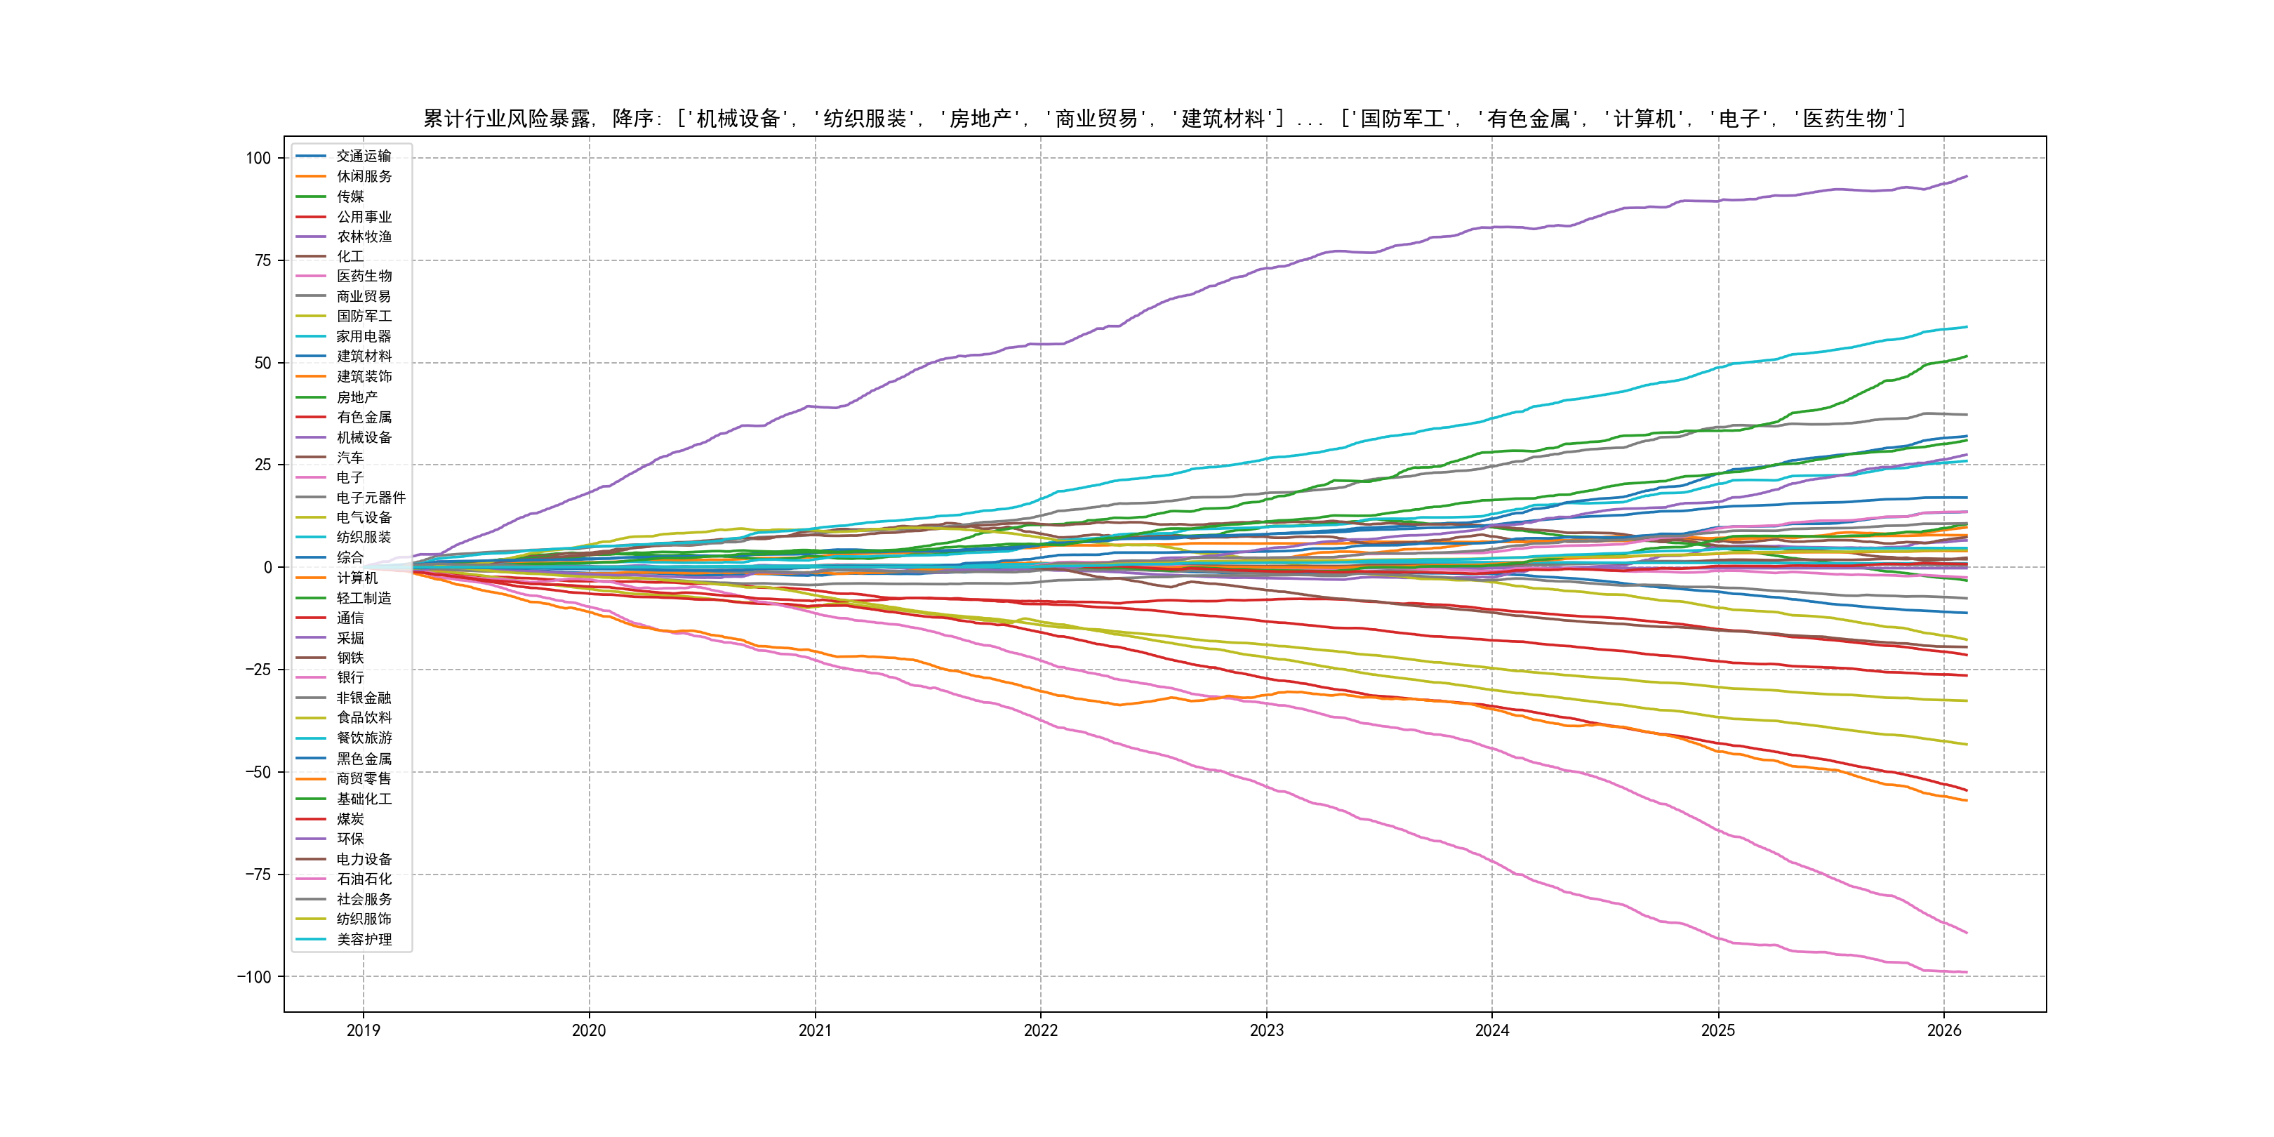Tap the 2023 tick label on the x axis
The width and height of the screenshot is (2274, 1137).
click(x=1266, y=1030)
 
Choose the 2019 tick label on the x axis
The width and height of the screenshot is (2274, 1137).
click(x=363, y=1030)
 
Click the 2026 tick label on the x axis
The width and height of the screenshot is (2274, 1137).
click(x=1943, y=1030)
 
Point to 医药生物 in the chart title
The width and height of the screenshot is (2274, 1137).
click(x=1844, y=119)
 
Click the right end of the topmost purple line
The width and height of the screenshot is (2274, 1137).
click(x=1967, y=177)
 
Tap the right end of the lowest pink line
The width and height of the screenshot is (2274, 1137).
click(x=1967, y=972)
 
